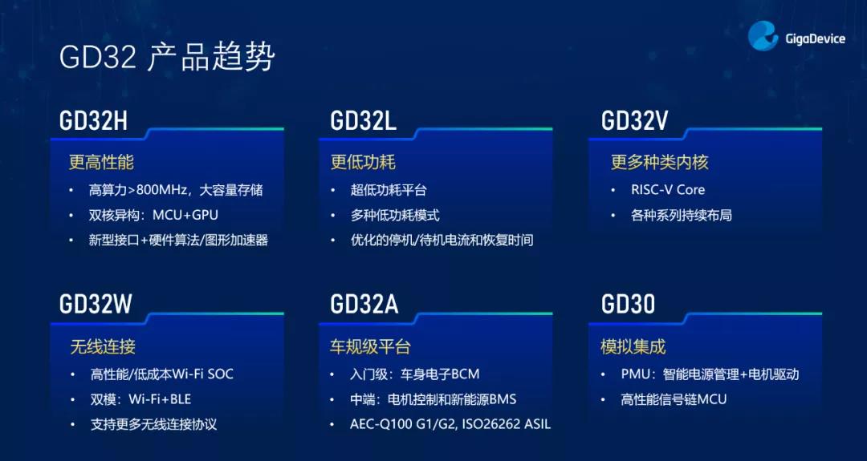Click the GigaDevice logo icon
click(763, 36)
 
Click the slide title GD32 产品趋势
click(167, 58)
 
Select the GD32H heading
click(93, 121)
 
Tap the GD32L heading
click(364, 121)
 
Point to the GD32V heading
click(635, 121)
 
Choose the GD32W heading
click(96, 304)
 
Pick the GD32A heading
click(364, 304)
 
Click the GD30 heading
click(628, 304)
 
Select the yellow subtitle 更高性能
click(101, 162)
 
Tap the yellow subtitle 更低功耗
click(363, 162)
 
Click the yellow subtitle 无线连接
click(102, 346)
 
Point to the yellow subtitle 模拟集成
click(633, 346)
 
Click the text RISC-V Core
click(668, 190)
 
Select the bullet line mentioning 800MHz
click(176, 191)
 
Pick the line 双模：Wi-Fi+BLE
click(141, 399)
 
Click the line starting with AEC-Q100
click(450, 424)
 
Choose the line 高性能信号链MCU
click(674, 399)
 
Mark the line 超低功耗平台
click(389, 191)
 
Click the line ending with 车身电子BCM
click(415, 374)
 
